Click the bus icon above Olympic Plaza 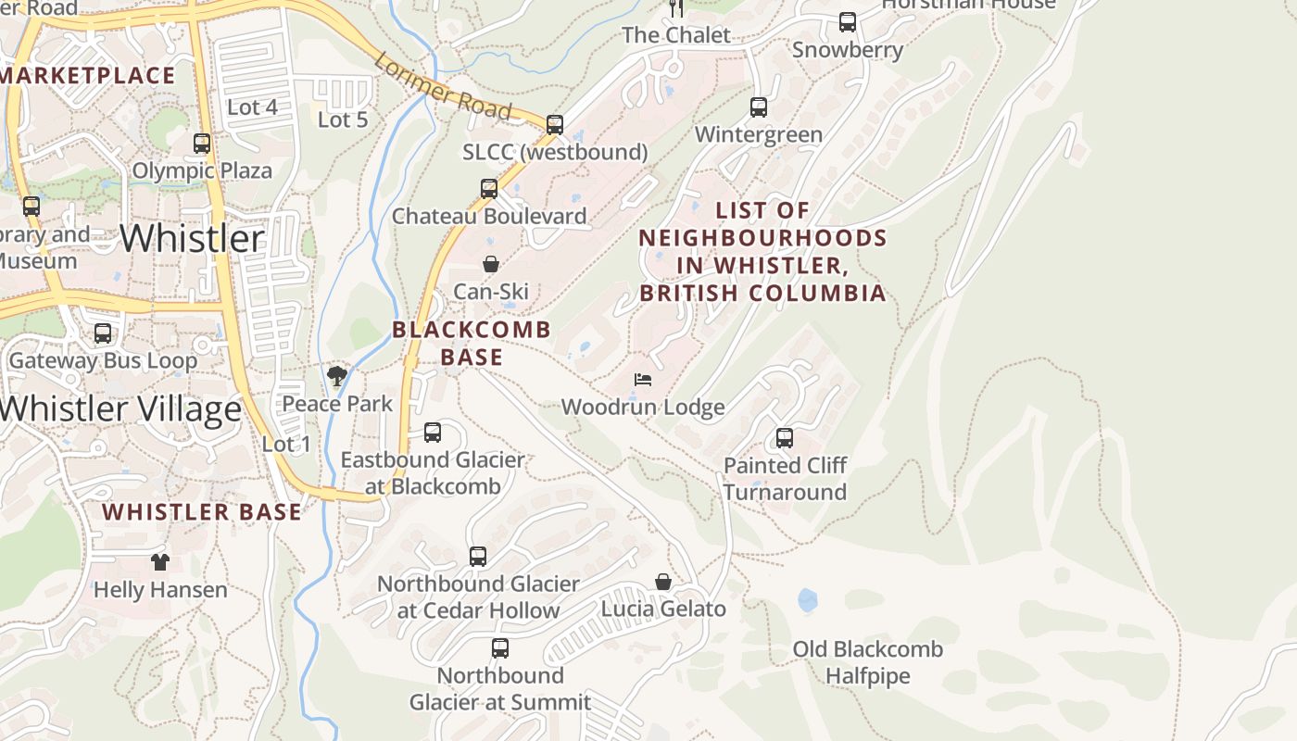[202, 144]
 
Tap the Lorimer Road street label [443, 86]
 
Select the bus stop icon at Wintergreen [759, 107]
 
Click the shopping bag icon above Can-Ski [491, 265]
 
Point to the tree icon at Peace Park [337, 376]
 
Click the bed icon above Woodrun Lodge [643, 380]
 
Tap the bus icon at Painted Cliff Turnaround [785, 438]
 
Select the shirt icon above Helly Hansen [160, 562]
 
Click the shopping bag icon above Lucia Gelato [663, 582]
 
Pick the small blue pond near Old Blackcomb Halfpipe [808, 600]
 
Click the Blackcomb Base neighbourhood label [472, 343]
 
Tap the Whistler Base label [202, 511]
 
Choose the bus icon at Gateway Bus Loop [103, 333]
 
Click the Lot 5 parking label [343, 119]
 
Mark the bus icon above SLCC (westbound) [555, 124]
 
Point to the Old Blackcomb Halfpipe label [868, 663]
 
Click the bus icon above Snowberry [848, 22]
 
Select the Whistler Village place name [120, 408]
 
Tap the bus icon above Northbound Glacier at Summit [500, 648]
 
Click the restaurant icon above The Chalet [676, 8]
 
